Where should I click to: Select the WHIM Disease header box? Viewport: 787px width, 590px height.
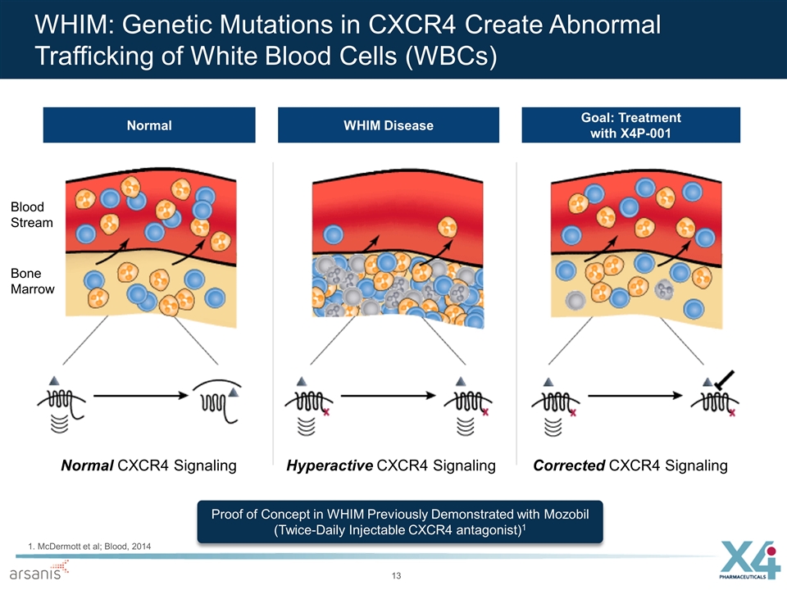[389, 125]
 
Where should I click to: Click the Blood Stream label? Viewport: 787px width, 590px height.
[33, 215]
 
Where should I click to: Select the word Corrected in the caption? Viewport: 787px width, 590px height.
[570, 465]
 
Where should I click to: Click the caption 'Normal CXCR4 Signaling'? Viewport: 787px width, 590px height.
[148, 465]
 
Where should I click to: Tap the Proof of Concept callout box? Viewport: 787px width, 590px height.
[401, 521]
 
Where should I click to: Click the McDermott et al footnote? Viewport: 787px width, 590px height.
[83, 546]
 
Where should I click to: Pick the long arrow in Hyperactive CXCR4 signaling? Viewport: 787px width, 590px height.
[386, 395]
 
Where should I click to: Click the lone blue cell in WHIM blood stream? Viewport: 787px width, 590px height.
[334, 234]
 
